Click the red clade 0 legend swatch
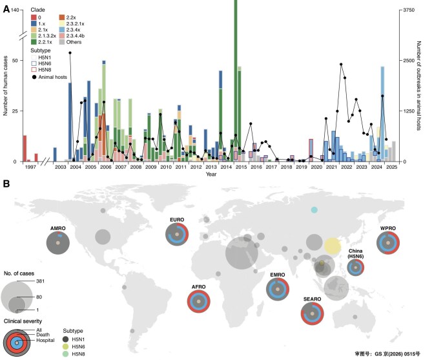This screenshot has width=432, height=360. point(34,17)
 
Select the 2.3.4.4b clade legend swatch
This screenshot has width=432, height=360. point(62,36)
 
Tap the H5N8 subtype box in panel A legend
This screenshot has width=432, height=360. point(34,70)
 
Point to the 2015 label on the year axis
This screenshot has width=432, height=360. point(241,167)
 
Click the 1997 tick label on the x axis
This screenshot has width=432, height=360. point(30,167)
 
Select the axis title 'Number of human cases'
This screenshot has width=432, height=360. point(5,86)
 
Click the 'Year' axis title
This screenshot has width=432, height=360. point(211,174)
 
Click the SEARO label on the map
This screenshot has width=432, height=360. point(312,299)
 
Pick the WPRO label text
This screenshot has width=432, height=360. point(388,228)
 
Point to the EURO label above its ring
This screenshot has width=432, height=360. point(177,220)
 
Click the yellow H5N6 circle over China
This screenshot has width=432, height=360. point(332,246)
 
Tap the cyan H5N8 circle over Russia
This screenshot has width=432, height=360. point(314,210)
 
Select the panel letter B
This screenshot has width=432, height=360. point(6,184)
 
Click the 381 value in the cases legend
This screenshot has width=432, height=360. point(40,281)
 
